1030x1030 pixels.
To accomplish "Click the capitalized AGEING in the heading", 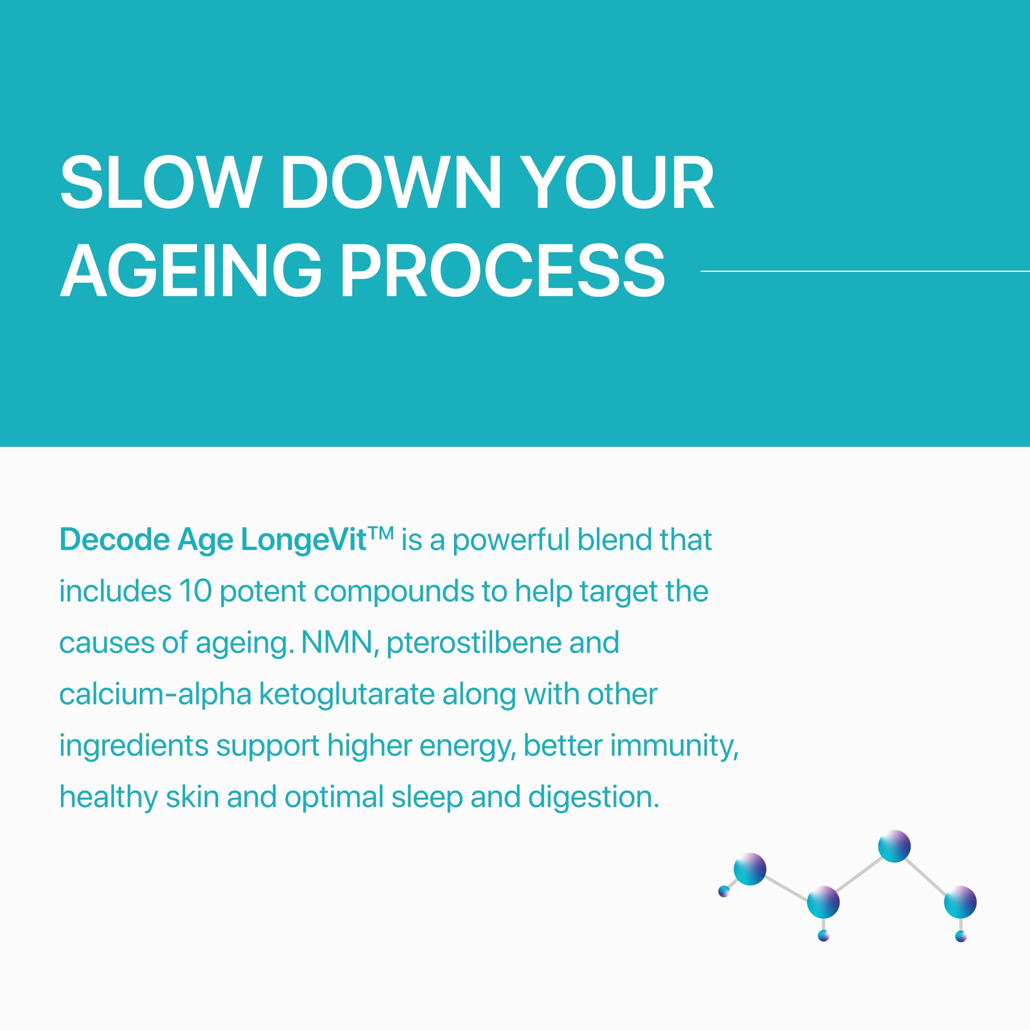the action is (x=191, y=270).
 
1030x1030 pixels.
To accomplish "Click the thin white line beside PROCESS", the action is (x=865, y=271).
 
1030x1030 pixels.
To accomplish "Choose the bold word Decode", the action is (x=115, y=540).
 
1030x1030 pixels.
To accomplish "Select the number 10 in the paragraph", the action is (x=195, y=591).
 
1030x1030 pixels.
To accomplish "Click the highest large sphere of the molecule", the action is (x=894, y=846).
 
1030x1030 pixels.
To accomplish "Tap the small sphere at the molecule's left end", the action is (x=724, y=891).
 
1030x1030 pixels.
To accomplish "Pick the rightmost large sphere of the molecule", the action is (x=960, y=902).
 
